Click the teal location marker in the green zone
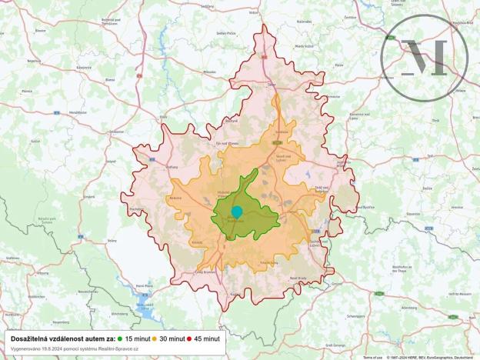[237, 212]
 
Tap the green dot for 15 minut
[121, 338]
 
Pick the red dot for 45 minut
[189, 338]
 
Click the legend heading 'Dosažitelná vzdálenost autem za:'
[62, 338]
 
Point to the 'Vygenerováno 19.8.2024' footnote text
[75, 348]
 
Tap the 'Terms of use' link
[372, 357]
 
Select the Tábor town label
[271, 84]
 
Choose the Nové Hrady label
[298, 278]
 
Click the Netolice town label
[175, 197]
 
